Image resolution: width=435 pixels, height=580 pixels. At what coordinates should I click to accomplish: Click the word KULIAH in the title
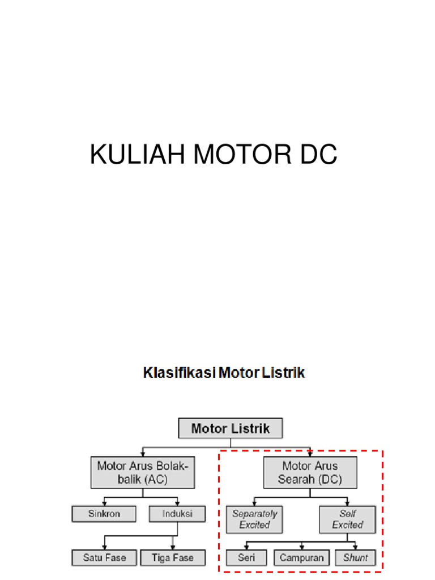pos(137,154)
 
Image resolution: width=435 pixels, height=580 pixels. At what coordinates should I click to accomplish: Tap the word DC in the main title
pos(318,154)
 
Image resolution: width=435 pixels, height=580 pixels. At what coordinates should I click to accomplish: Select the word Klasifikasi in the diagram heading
pos(180,373)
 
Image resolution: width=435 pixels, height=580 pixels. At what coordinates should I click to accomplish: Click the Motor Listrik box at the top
pos(231,428)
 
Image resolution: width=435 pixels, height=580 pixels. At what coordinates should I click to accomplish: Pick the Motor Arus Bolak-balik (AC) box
pos(143,472)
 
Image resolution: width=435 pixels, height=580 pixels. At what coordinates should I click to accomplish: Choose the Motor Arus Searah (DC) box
pos(310,472)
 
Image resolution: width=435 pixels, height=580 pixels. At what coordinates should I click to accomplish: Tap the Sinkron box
pos(104,514)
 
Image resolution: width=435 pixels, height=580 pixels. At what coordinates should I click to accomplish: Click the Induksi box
pos(177,514)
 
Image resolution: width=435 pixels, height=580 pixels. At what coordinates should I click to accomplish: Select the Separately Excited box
pos(254,519)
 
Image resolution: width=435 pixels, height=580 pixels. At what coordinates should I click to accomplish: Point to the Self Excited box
pos(347,519)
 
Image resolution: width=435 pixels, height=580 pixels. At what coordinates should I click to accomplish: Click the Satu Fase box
pos(104,558)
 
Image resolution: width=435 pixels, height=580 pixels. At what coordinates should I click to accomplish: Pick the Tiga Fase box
pos(173,558)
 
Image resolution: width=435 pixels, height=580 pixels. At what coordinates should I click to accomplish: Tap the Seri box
pos(246,558)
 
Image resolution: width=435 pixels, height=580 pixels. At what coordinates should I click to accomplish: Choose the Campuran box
pos(301,558)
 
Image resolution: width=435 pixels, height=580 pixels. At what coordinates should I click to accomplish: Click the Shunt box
pos(356,558)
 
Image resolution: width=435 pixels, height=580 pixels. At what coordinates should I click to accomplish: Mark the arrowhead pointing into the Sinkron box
pos(104,503)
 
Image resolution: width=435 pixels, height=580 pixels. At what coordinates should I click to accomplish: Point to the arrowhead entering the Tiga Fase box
pos(173,547)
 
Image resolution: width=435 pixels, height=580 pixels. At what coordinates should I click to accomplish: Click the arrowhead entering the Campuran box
pos(302,547)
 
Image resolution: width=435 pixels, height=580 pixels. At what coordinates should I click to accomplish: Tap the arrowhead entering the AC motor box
pos(143,454)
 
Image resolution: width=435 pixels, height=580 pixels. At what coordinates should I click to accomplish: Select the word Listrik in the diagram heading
pos(283,373)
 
